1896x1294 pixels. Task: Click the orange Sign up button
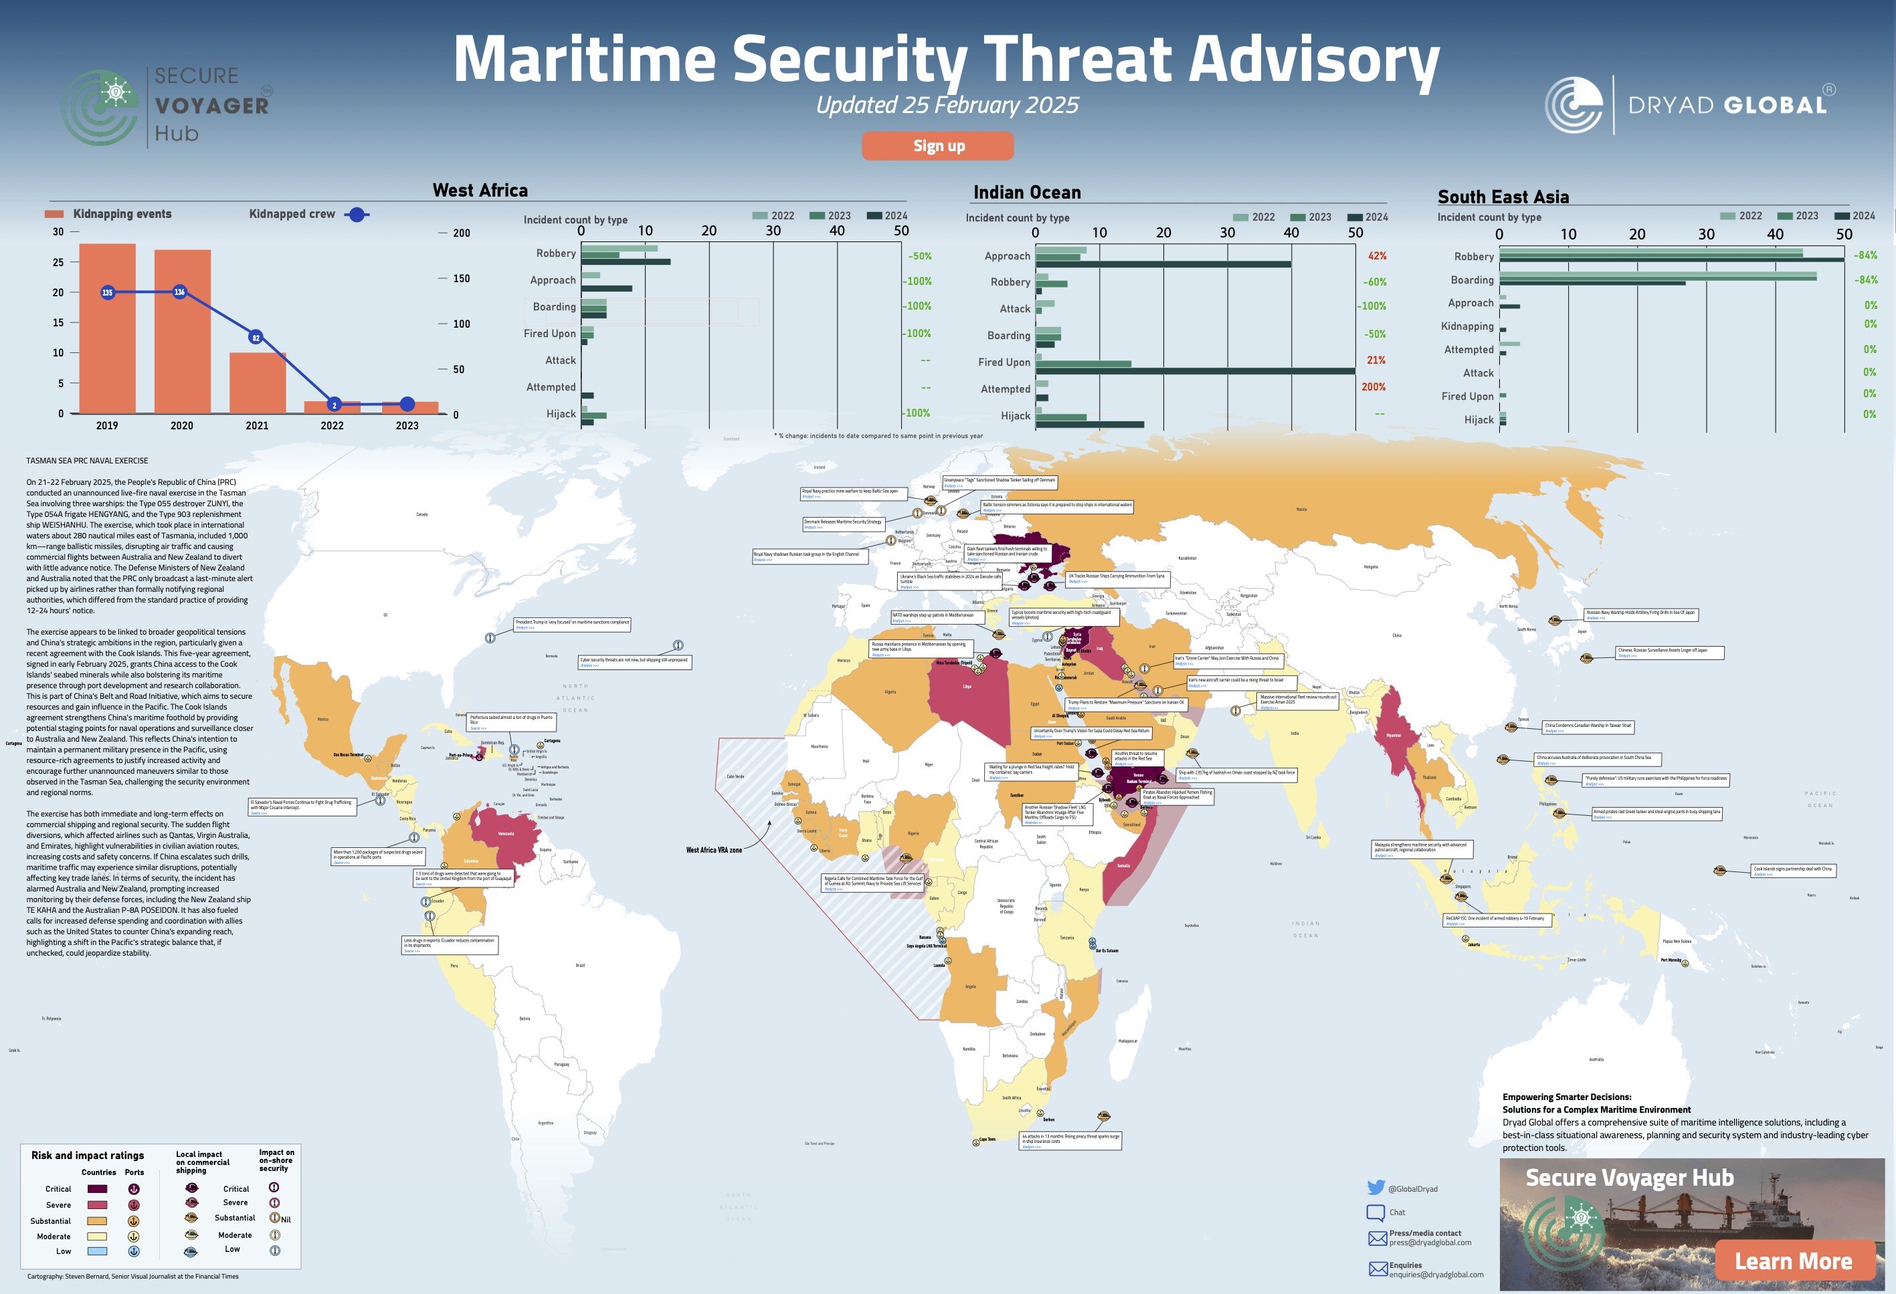(x=937, y=146)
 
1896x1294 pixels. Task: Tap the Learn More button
(x=1792, y=1261)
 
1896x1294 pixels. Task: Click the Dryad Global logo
(x=1689, y=105)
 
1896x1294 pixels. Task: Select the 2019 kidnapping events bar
(x=107, y=328)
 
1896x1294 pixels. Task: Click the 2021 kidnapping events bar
(x=257, y=383)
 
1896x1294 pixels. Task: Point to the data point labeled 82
(x=256, y=338)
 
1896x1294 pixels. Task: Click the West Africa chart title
(x=480, y=190)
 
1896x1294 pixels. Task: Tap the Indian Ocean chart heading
(x=1026, y=193)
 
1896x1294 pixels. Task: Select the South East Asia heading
(x=1503, y=197)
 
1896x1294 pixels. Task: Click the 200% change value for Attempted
(x=1373, y=387)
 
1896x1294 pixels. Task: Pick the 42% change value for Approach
(x=1377, y=255)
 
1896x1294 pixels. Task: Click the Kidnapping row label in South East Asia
(x=1467, y=326)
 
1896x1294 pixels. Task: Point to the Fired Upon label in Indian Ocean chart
(x=1004, y=362)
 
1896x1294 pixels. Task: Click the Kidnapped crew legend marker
(x=357, y=215)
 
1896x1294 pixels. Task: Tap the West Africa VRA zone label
(x=714, y=849)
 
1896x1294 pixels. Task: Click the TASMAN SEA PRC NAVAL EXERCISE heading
(x=87, y=461)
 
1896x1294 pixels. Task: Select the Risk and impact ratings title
(x=87, y=1155)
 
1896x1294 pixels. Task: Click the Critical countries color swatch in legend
(x=97, y=1189)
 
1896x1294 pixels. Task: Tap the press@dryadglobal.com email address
(x=1430, y=1243)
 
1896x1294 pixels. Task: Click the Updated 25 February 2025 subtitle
(x=947, y=105)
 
